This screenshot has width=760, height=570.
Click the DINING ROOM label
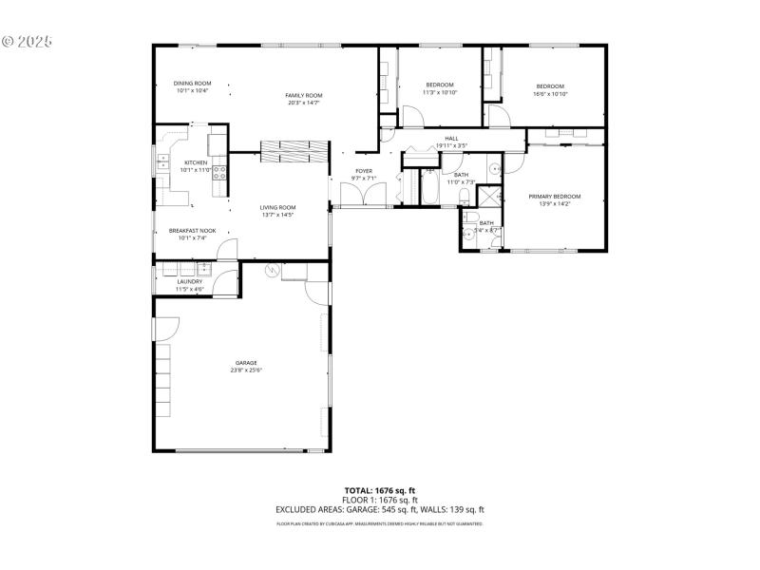[x=192, y=84]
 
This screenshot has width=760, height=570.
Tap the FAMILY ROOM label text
[x=304, y=95]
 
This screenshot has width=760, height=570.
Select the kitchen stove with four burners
[x=218, y=172]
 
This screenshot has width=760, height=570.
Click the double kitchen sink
[x=162, y=161]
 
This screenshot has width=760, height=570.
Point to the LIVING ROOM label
[x=278, y=207]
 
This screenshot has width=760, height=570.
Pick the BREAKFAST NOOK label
[x=192, y=231]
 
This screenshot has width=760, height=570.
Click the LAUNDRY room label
[x=189, y=281]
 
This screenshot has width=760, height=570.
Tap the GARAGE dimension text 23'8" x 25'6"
[x=246, y=370]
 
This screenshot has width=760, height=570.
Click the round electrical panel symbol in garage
[x=270, y=271]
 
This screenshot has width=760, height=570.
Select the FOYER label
[x=364, y=170]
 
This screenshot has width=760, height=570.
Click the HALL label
[x=451, y=139]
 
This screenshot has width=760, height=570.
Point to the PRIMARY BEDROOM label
[x=554, y=197]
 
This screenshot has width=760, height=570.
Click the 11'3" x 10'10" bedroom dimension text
[x=440, y=92]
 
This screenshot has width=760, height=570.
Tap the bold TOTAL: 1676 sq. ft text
[x=380, y=489]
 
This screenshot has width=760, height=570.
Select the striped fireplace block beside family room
[x=294, y=150]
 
